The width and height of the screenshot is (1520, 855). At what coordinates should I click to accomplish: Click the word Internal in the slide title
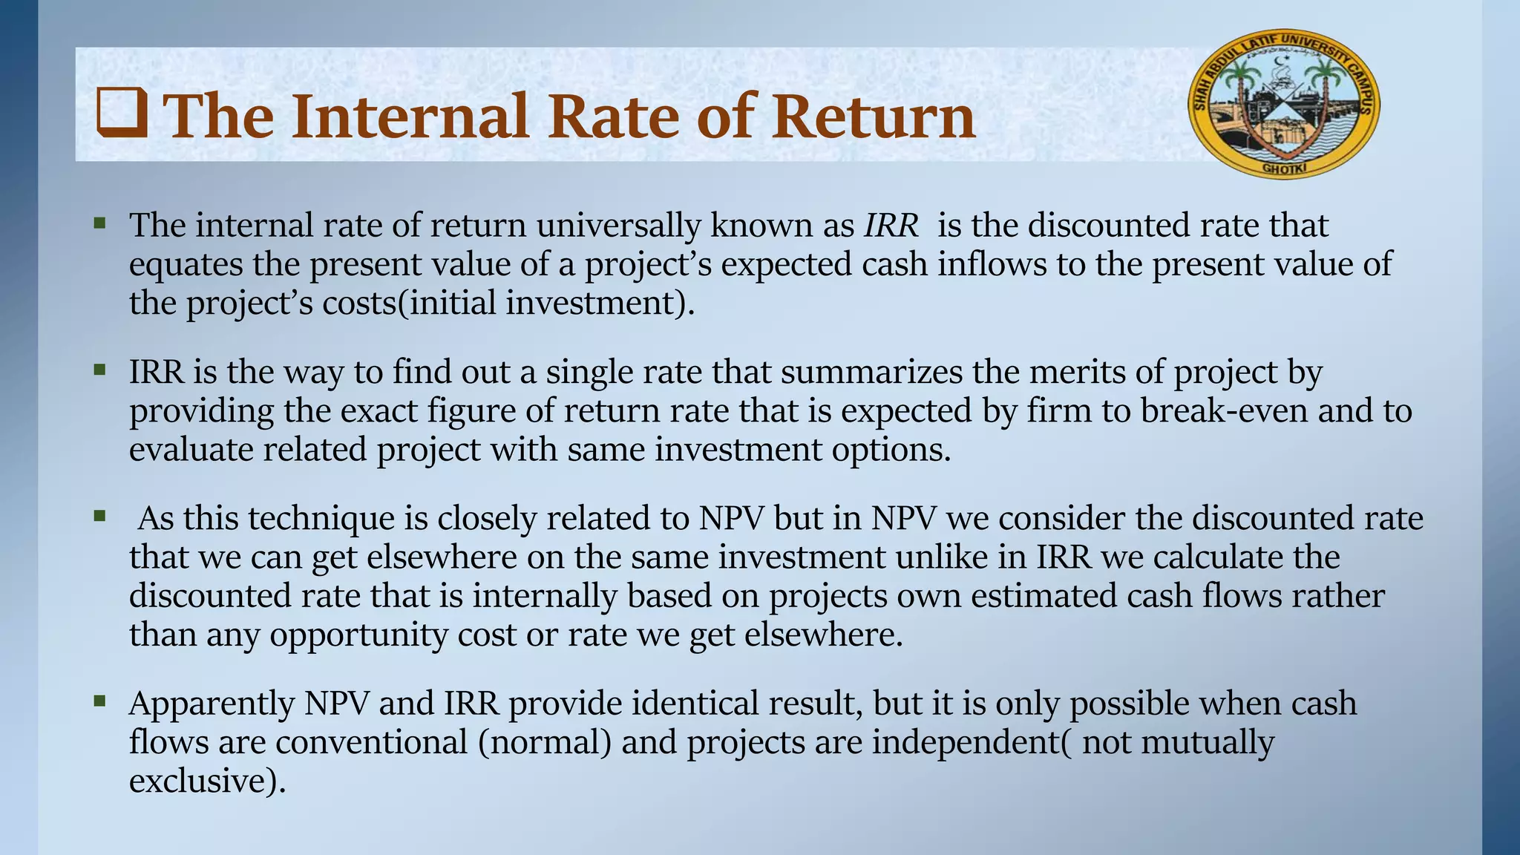[410, 117]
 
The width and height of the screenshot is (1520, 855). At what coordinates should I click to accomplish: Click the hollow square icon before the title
[121, 115]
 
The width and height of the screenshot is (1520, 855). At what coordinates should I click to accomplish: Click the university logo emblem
[1284, 104]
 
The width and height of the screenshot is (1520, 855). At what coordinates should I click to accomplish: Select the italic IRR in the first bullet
[891, 226]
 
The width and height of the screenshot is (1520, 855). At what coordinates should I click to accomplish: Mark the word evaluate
[191, 450]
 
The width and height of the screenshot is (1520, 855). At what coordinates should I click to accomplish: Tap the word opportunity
[358, 635]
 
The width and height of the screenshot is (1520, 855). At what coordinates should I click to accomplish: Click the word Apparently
[212, 704]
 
